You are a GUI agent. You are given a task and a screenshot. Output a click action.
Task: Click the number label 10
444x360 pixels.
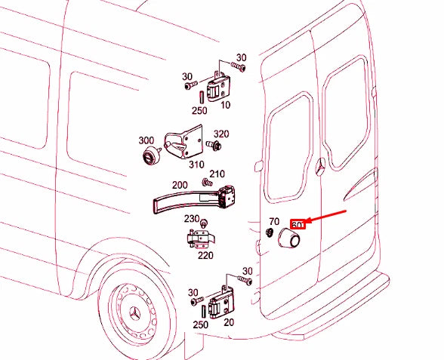point(227,106)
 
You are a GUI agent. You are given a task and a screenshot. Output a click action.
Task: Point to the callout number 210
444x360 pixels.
point(217,175)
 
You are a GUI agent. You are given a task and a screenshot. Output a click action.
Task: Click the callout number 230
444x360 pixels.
point(192,219)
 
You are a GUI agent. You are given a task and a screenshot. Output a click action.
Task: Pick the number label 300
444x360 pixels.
point(145,141)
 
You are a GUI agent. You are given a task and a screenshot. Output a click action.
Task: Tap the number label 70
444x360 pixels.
point(274,222)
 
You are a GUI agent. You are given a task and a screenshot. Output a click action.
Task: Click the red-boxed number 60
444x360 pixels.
point(298,224)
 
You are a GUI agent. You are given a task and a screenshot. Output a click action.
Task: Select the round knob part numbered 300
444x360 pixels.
point(152,158)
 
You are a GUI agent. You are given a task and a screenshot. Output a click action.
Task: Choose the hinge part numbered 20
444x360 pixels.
point(224,303)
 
